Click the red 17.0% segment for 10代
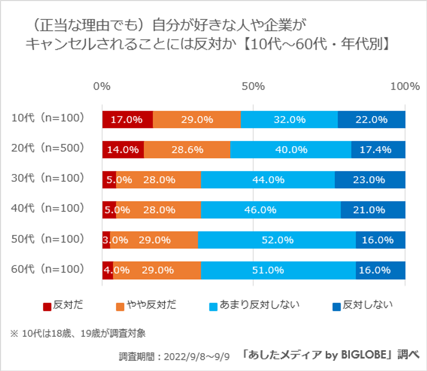coord(127,120)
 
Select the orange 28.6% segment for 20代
coord(187,150)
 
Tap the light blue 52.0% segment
coord(277,240)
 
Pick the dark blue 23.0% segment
coord(370,180)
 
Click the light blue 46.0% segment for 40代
coord(271,210)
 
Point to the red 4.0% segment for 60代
coord(107,270)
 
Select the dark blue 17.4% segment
coord(378,150)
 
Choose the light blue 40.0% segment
coord(291,150)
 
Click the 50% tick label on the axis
coord(253,86)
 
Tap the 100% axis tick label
coord(405,86)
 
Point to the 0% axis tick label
coord(102,86)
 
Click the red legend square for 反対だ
coord(47,306)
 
